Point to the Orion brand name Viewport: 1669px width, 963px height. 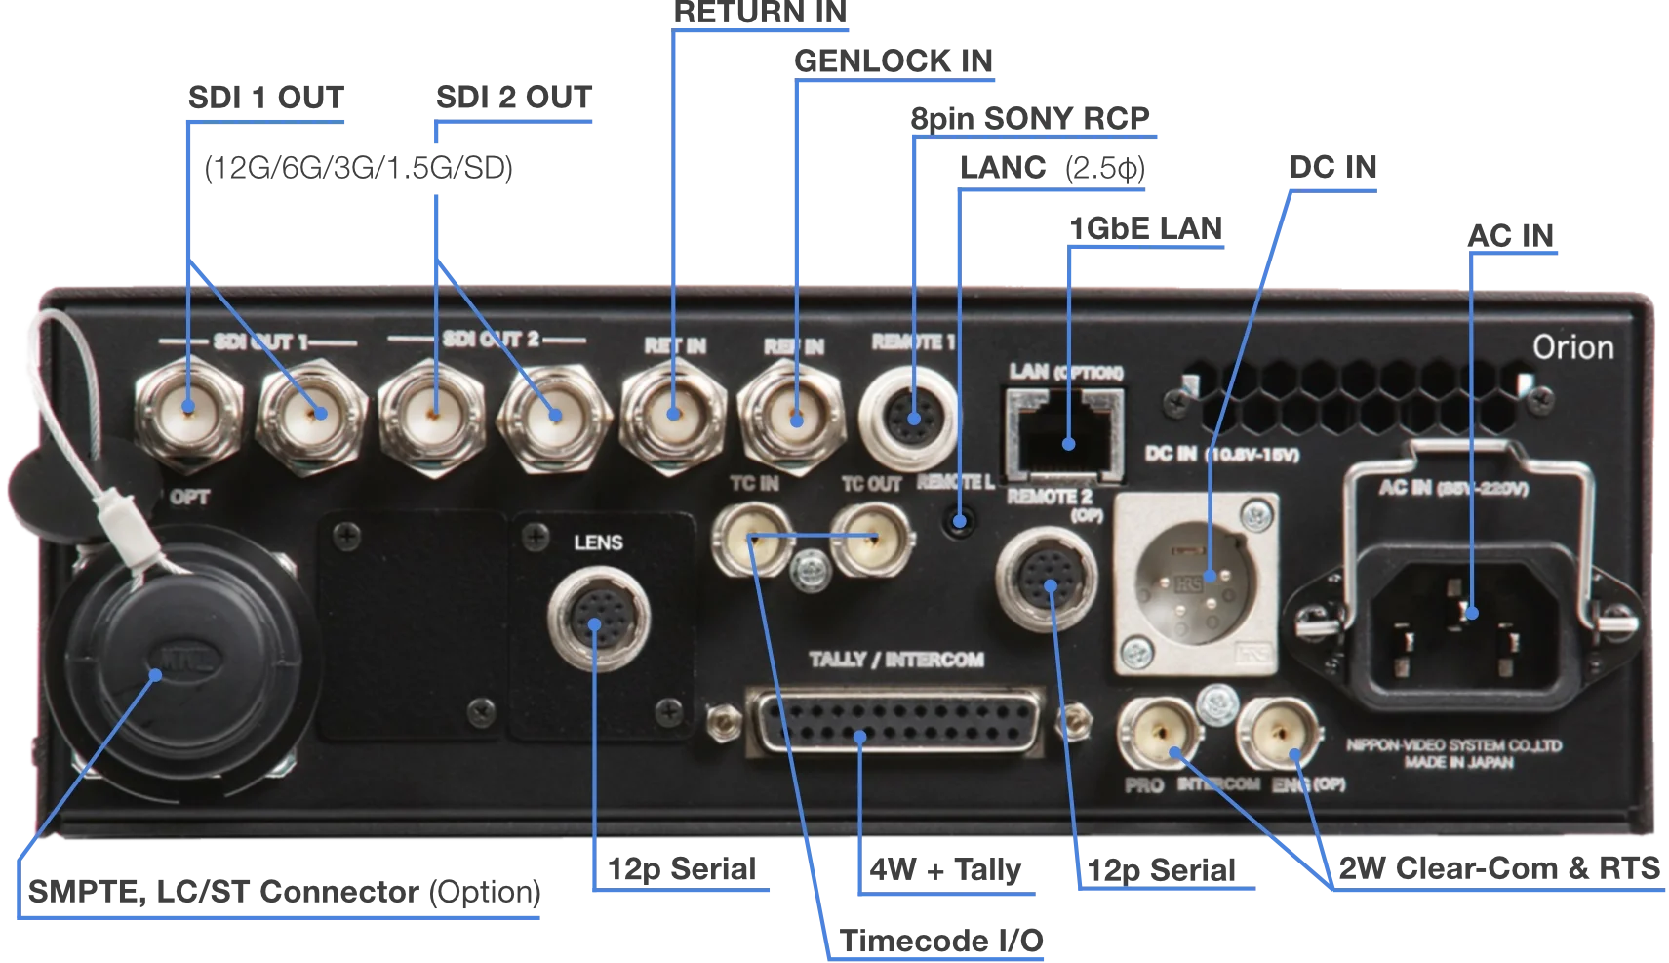(x=1572, y=347)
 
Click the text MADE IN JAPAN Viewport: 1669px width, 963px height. (x=1458, y=762)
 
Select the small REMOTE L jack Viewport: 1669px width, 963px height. (x=960, y=520)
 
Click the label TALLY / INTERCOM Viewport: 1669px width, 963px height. (x=895, y=661)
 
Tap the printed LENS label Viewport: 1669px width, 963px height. (x=598, y=542)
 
